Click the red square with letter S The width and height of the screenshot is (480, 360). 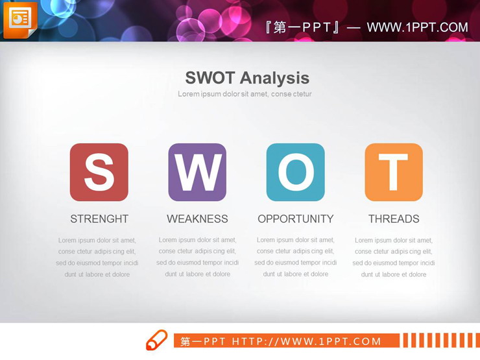99,173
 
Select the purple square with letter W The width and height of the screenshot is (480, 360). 197,173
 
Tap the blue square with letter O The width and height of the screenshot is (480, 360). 296,173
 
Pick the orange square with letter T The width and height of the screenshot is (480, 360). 394,173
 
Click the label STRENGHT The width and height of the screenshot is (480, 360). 99,219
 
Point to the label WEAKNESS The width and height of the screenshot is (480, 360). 197,219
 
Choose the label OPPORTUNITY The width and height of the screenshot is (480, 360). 296,219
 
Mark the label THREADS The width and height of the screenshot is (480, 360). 394,219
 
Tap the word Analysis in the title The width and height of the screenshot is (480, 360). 276,78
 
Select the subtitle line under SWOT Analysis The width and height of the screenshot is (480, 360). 245,94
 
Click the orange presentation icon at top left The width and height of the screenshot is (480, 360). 19,19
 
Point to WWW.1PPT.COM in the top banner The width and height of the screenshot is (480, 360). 417,27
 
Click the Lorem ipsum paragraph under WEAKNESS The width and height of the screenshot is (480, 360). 198,257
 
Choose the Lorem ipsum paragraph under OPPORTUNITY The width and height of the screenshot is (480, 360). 296,257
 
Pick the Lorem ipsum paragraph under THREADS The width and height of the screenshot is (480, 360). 394,258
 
